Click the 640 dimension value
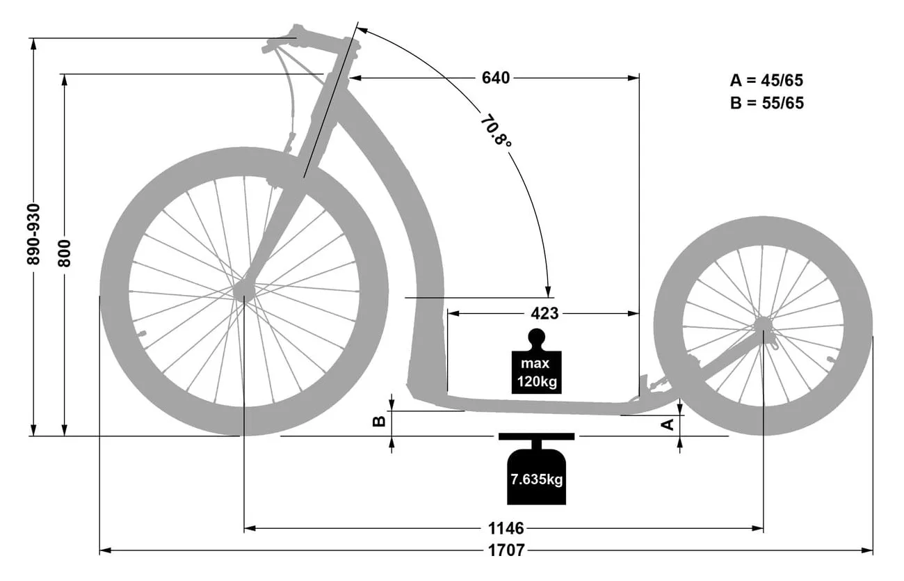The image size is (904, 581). click(x=496, y=77)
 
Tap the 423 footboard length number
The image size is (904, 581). click(x=544, y=313)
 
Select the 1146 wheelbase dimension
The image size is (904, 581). click(x=506, y=528)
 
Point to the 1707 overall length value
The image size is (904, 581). click(x=506, y=550)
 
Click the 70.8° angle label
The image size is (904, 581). click(x=496, y=132)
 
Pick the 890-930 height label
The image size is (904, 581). click(x=33, y=234)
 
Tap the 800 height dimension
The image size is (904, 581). click(x=64, y=253)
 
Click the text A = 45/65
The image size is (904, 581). click(x=766, y=80)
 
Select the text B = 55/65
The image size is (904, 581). click(x=767, y=103)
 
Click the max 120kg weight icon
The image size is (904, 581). click(x=536, y=362)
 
